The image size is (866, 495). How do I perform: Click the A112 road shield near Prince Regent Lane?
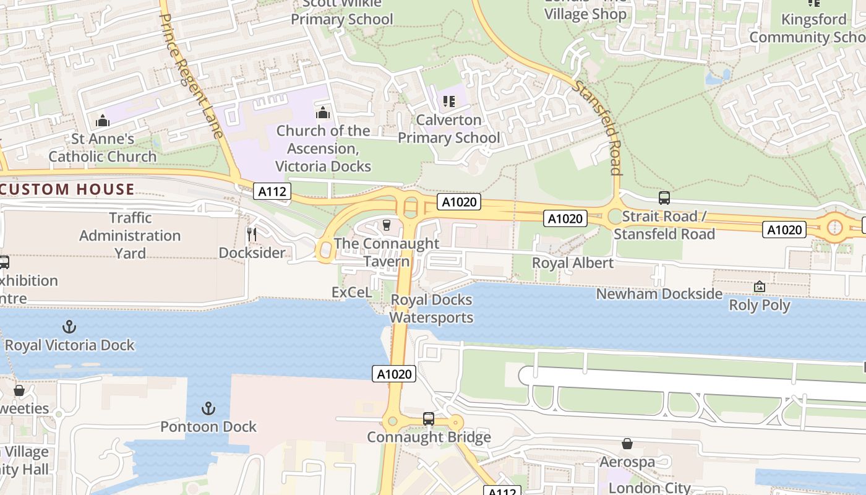click(x=272, y=192)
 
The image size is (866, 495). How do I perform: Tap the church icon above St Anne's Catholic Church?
click(x=103, y=119)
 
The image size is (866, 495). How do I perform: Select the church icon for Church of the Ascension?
click(x=322, y=113)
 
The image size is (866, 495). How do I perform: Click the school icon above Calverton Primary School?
click(x=448, y=101)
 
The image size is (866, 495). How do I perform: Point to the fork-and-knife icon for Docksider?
click(x=252, y=234)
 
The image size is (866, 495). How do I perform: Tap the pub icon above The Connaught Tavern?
click(x=387, y=225)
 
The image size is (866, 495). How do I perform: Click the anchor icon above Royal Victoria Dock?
click(x=69, y=326)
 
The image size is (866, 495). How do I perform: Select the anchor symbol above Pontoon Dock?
click(x=208, y=408)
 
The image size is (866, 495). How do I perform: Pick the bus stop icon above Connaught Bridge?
click(x=428, y=418)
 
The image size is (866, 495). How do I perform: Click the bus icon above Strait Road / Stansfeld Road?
click(x=664, y=198)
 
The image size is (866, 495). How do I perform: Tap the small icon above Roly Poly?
click(x=759, y=286)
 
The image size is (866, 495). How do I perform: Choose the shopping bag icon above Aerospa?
click(x=627, y=444)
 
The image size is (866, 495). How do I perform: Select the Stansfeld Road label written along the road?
click(x=598, y=127)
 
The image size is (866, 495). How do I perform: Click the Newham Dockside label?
click(x=659, y=294)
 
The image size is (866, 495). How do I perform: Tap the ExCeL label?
click(x=351, y=292)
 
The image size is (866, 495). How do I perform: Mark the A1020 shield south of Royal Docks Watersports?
click(x=394, y=374)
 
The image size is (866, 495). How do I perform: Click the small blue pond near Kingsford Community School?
click(x=718, y=77)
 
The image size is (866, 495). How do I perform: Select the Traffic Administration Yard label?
click(x=130, y=236)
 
